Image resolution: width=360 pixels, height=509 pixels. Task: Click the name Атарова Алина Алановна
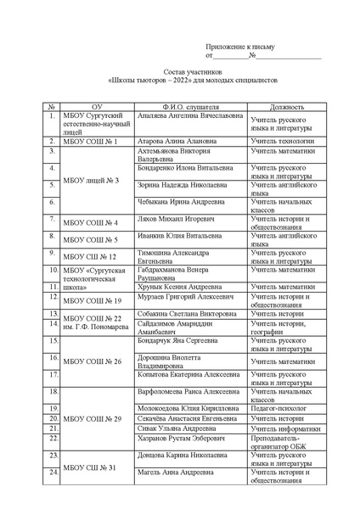(173, 141)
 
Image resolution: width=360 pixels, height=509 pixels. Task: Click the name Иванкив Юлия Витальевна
(177, 238)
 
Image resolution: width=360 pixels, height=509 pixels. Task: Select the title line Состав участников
(180, 73)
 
